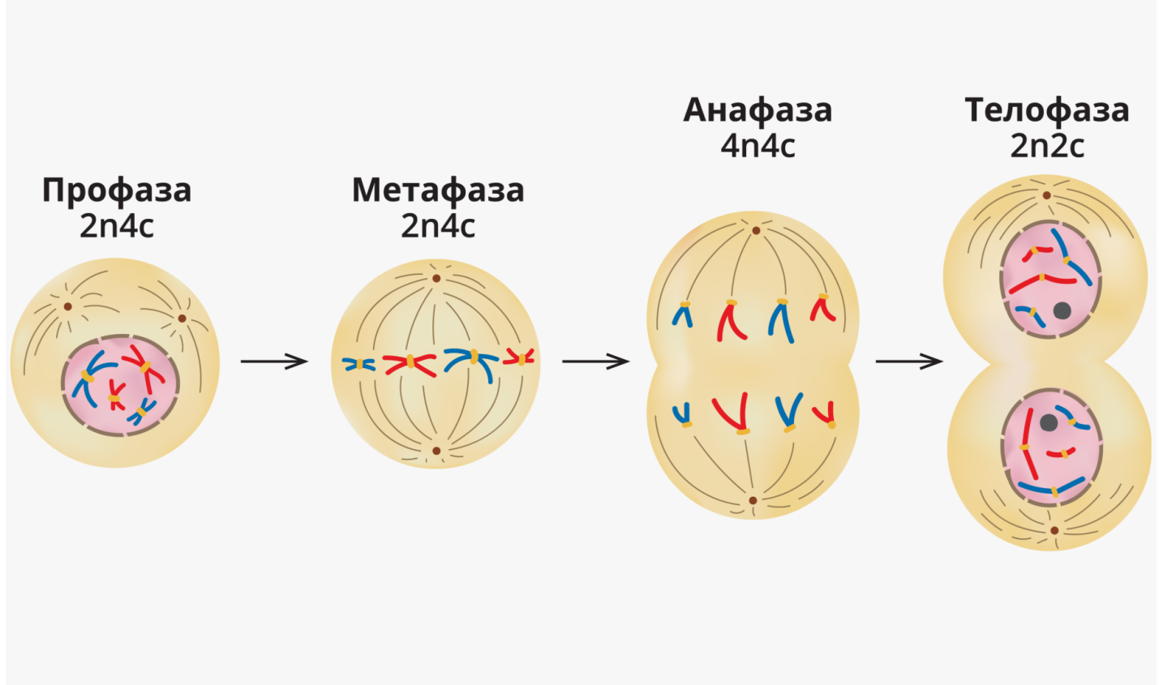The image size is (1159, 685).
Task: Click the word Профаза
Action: point(117,191)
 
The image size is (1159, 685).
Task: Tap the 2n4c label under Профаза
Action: point(116,226)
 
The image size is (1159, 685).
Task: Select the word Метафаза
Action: point(438,191)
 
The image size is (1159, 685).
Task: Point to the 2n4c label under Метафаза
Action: point(438,226)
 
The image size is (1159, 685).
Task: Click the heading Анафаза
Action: point(758,110)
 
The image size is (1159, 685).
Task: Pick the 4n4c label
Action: point(758,146)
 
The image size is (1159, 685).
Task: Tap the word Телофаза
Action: point(1047,110)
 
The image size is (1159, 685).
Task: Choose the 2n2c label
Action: point(1047,146)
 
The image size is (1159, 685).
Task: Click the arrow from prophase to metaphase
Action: point(274,361)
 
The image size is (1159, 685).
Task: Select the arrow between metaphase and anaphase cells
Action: point(595,361)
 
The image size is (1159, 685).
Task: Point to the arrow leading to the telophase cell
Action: point(909,361)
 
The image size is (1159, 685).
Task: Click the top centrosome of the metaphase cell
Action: point(436,278)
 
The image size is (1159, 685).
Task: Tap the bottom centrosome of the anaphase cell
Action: point(753,500)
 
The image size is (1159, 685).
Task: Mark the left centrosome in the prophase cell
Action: point(68,306)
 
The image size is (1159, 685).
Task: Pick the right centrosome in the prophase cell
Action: point(182,318)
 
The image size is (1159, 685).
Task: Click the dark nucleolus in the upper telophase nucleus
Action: point(1062,310)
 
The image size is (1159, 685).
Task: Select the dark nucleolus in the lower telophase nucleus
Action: point(1048,422)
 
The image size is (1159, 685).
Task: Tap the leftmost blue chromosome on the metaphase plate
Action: point(358,365)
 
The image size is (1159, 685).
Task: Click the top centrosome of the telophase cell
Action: point(1046,195)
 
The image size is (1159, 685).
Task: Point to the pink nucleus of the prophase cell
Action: point(122,381)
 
